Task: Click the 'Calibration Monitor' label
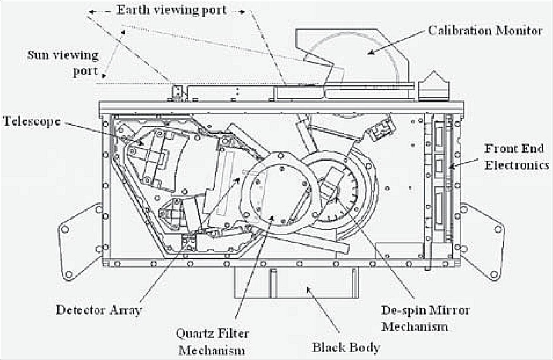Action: click(485, 31)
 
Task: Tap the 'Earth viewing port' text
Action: click(171, 10)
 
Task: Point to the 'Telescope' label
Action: click(31, 122)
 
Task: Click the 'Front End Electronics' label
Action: click(516, 157)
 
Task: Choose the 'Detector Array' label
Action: click(98, 310)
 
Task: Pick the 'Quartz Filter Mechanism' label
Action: click(212, 342)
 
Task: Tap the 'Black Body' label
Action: click(346, 347)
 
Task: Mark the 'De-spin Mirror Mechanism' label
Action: click(425, 318)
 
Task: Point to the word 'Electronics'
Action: click(517, 165)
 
